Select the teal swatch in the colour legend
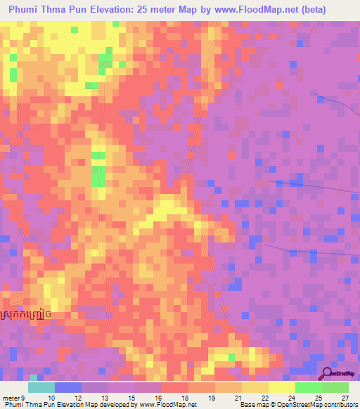coord(41,387)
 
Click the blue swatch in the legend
coord(68,387)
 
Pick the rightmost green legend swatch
coord(335,387)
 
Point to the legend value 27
coord(344,398)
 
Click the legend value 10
coord(49,398)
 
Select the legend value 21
coord(237,398)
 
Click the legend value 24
coord(290,398)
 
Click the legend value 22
coord(264,398)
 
